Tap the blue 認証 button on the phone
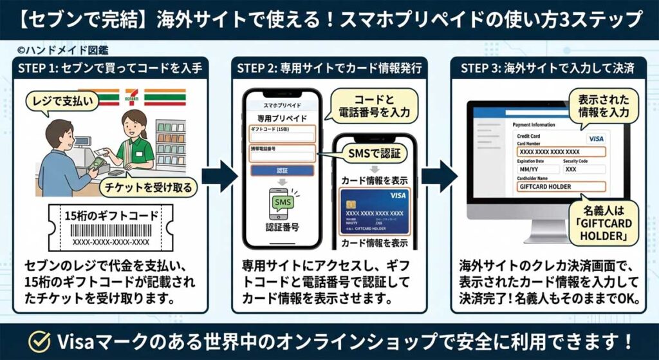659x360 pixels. pyautogui.click(x=282, y=171)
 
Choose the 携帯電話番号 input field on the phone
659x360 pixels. pyautogui.click(x=282, y=153)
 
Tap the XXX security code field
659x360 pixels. pyautogui.click(x=582, y=169)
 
